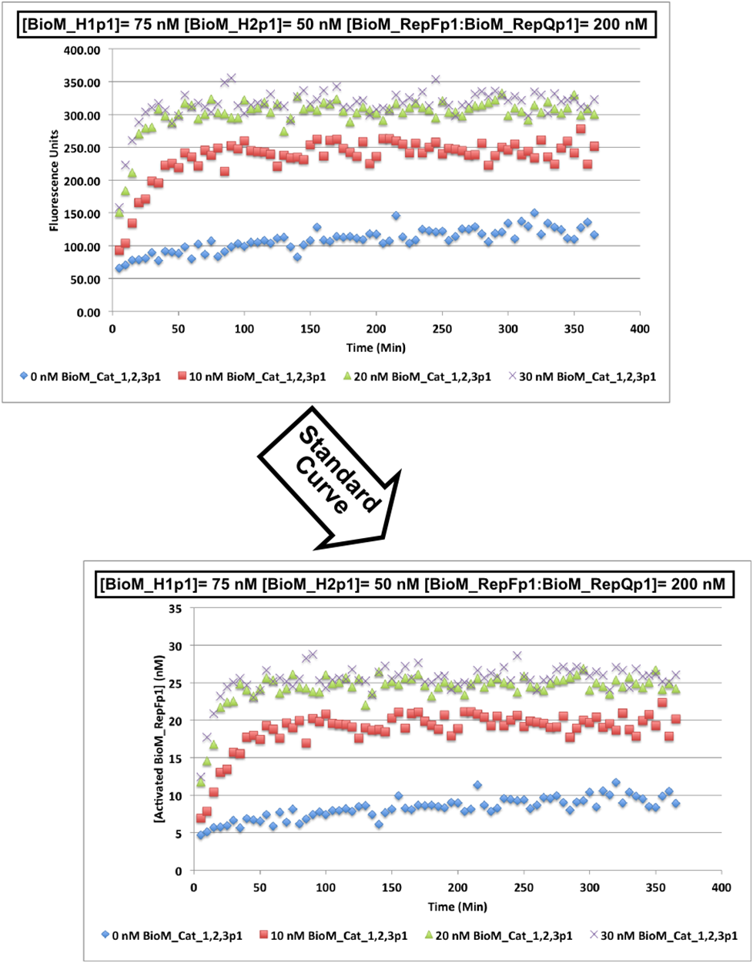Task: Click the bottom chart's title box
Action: [x=412, y=584]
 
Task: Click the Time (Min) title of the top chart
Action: [x=375, y=347]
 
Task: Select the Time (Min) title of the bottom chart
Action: [x=457, y=906]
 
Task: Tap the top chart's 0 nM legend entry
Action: [x=91, y=377]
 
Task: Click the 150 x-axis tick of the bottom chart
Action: [x=391, y=887]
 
